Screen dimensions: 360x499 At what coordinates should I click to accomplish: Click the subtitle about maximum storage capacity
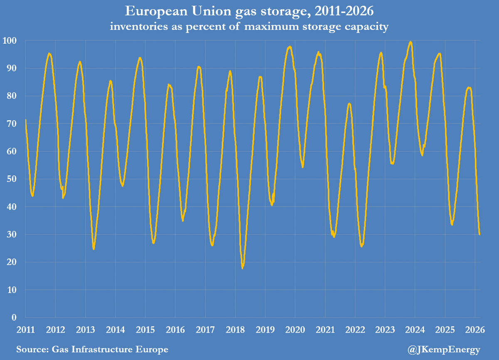[x=249, y=27]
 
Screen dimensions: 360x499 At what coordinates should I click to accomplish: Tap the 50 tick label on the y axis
[x=13, y=179]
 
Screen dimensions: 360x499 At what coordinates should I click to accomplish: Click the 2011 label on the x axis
[x=25, y=330]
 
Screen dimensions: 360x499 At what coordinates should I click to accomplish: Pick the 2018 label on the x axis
[x=235, y=330]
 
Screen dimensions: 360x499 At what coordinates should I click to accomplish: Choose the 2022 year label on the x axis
[x=355, y=330]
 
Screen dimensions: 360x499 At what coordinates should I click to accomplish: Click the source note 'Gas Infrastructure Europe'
[x=92, y=350]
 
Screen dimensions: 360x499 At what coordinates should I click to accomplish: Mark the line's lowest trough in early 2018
[x=242, y=268]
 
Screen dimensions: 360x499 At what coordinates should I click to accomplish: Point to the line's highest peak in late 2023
[x=410, y=42]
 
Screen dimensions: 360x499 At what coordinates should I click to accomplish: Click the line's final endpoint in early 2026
[x=479, y=234]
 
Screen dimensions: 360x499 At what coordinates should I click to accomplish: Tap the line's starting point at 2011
[x=26, y=120]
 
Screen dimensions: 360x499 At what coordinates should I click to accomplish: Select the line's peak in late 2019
[x=290, y=47]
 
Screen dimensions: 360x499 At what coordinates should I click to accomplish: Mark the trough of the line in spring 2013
[x=94, y=249]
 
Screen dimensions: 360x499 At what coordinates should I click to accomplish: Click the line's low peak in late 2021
[x=349, y=104]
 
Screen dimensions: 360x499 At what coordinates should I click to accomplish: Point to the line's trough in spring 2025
[x=452, y=224]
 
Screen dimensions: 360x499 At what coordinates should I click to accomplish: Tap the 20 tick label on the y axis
[x=13, y=262]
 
